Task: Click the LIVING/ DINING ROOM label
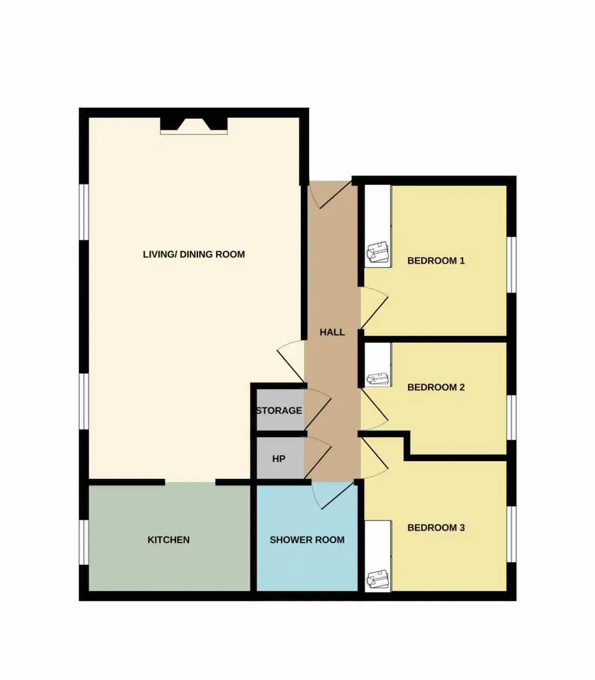(x=194, y=254)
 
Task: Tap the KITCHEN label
(x=169, y=540)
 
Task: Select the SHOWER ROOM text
(x=307, y=540)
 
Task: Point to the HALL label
(x=332, y=332)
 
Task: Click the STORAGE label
(x=279, y=410)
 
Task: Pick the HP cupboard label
(x=278, y=459)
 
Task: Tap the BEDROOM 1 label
(x=436, y=261)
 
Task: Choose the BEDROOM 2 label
(x=436, y=387)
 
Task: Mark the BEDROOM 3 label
(x=436, y=528)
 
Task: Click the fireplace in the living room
(x=194, y=125)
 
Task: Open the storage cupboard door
(x=318, y=409)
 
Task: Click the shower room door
(x=333, y=496)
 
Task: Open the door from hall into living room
(x=291, y=361)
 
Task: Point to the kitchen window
(x=84, y=542)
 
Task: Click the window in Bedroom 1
(x=512, y=264)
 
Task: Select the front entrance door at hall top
(x=331, y=195)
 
